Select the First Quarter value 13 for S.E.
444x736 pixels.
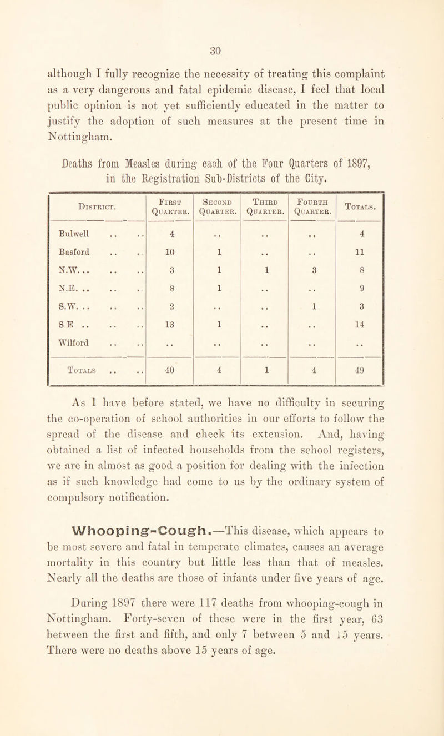click(x=168, y=332)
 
